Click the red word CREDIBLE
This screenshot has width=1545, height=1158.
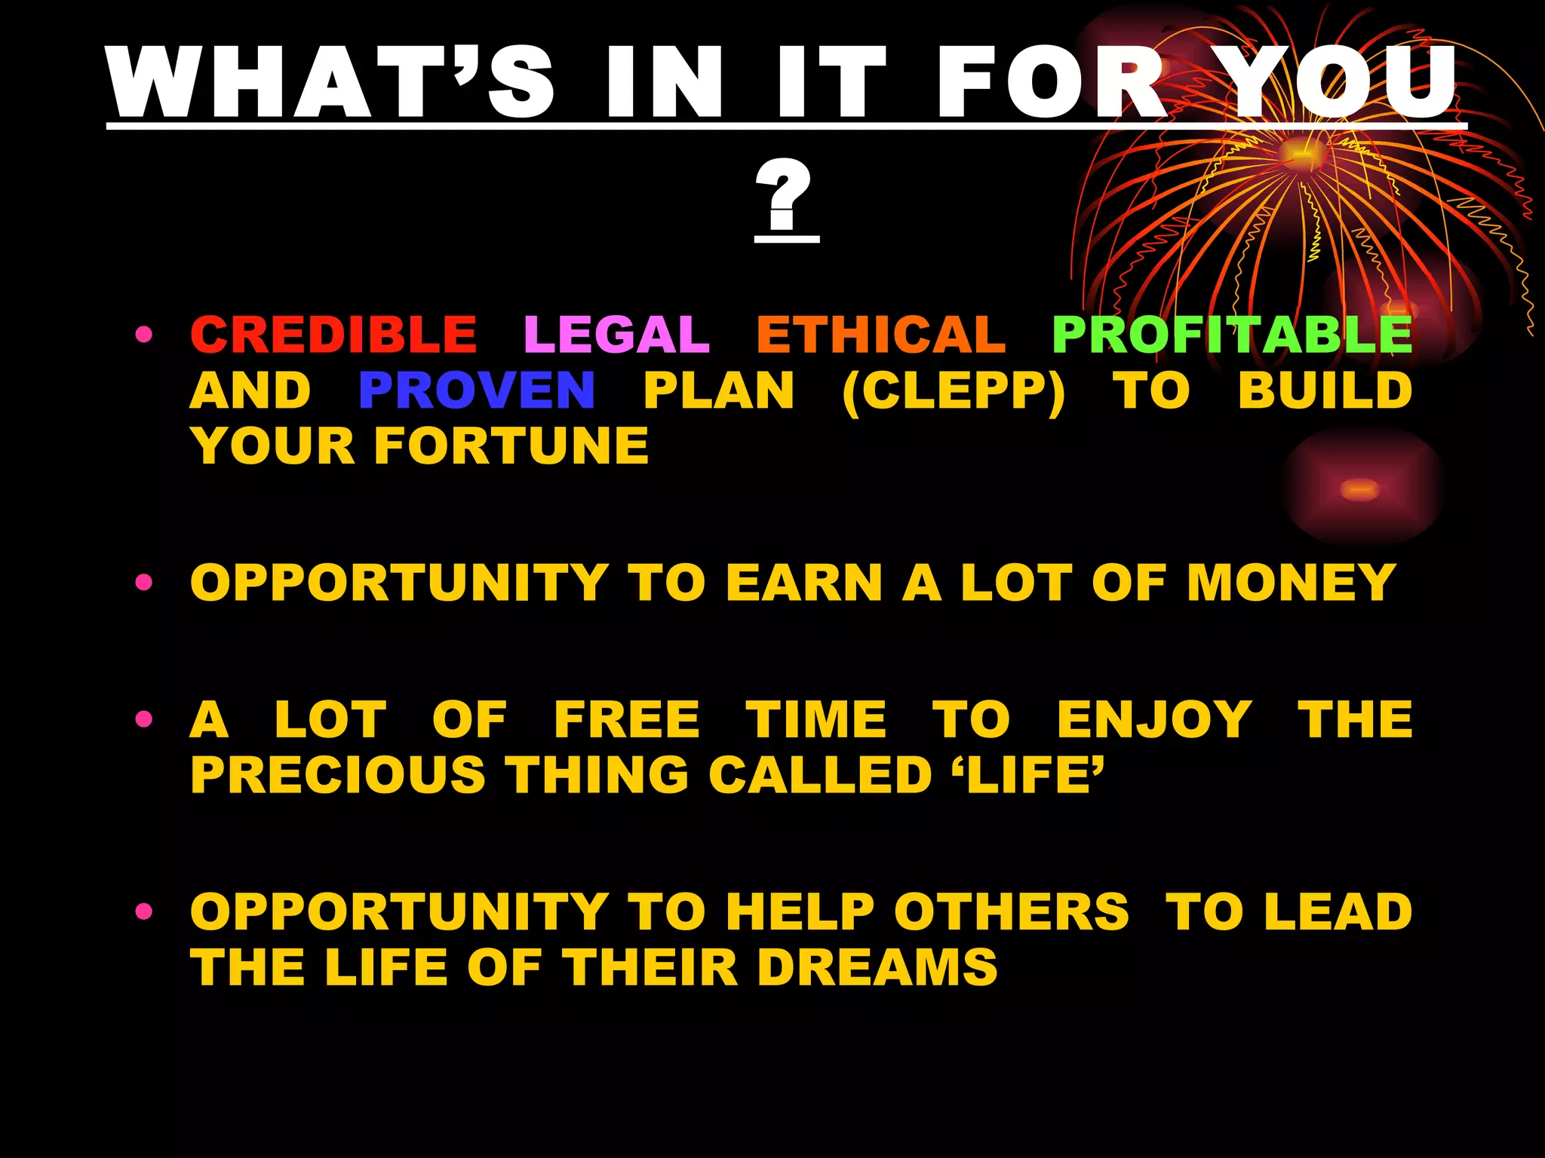333,334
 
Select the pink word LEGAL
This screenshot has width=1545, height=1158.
616,334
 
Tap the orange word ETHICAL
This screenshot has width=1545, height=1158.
880,334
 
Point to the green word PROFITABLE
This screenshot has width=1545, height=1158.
1231,334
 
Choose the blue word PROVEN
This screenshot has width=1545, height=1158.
477,391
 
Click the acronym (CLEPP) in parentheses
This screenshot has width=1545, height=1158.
954,392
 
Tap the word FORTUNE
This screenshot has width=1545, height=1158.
511,446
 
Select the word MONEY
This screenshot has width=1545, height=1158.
1291,583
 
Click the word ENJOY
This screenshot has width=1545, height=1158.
1154,720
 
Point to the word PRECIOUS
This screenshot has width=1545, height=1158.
338,775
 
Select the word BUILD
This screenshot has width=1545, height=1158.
1325,391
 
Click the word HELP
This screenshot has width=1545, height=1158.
800,912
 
